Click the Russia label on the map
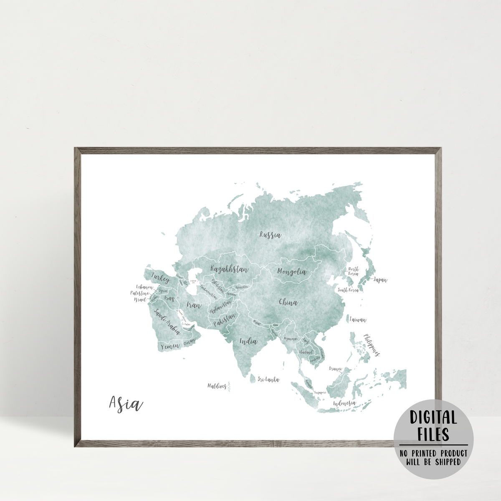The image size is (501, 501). pyautogui.click(x=270, y=235)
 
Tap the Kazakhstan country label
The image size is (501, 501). pyautogui.click(x=229, y=269)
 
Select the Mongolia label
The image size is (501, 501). pyautogui.click(x=292, y=272)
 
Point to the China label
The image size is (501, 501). pyautogui.click(x=288, y=302)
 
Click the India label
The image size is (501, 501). pyautogui.click(x=248, y=342)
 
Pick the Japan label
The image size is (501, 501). pyautogui.click(x=380, y=280)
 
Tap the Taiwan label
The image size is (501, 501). pyautogui.click(x=358, y=320)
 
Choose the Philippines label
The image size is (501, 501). pyautogui.click(x=371, y=345)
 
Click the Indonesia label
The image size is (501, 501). pyautogui.click(x=344, y=403)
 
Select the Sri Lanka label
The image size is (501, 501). pyautogui.click(x=268, y=380)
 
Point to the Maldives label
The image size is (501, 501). pyautogui.click(x=217, y=386)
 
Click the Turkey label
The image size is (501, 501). pyautogui.click(x=161, y=277)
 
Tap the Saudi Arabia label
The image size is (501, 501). pyautogui.click(x=167, y=321)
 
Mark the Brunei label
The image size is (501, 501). pyautogui.click(x=336, y=369)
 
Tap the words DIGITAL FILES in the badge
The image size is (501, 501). pyautogui.click(x=433, y=425)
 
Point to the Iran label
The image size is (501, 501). pyautogui.click(x=194, y=305)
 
